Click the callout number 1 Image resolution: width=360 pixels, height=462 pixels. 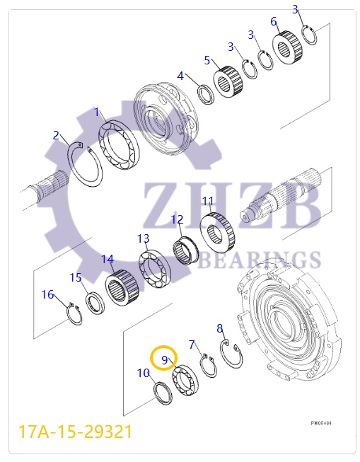(98, 112)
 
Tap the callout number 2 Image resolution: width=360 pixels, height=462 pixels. (57, 135)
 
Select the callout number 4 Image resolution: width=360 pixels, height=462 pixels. (180, 76)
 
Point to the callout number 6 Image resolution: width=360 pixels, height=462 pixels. (274, 21)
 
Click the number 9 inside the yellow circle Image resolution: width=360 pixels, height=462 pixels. (164, 359)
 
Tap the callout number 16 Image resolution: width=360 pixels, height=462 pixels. (47, 294)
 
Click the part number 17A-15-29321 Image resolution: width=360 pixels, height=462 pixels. (75, 430)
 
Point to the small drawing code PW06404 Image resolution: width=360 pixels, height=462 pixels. (321, 423)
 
